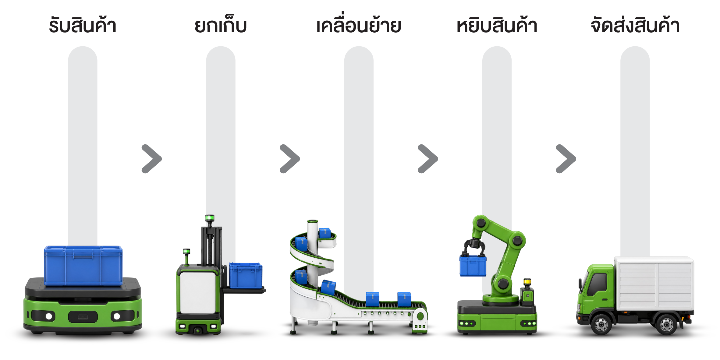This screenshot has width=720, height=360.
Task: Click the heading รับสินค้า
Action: pyautogui.click(x=83, y=25)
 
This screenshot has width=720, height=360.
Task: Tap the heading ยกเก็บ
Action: pyautogui.click(x=221, y=25)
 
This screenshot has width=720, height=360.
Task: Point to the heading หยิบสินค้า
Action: pyautogui.click(x=497, y=25)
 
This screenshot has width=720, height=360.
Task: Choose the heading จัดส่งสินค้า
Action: pyautogui.click(x=635, y=24)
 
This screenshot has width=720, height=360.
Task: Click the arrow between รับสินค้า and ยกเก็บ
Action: pyautogui.click(x=152, y=159)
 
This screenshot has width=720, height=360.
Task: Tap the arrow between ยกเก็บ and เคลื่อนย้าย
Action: pyautogui.click(x=290, y=159)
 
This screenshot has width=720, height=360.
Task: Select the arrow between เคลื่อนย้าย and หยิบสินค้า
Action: pyautogui.click(x=428, y=159)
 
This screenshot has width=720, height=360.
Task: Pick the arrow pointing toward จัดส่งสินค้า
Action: pyautogui.click(x=566, y=159)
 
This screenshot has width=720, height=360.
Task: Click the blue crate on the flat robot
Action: pyautogui.click(x=83, y=266)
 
